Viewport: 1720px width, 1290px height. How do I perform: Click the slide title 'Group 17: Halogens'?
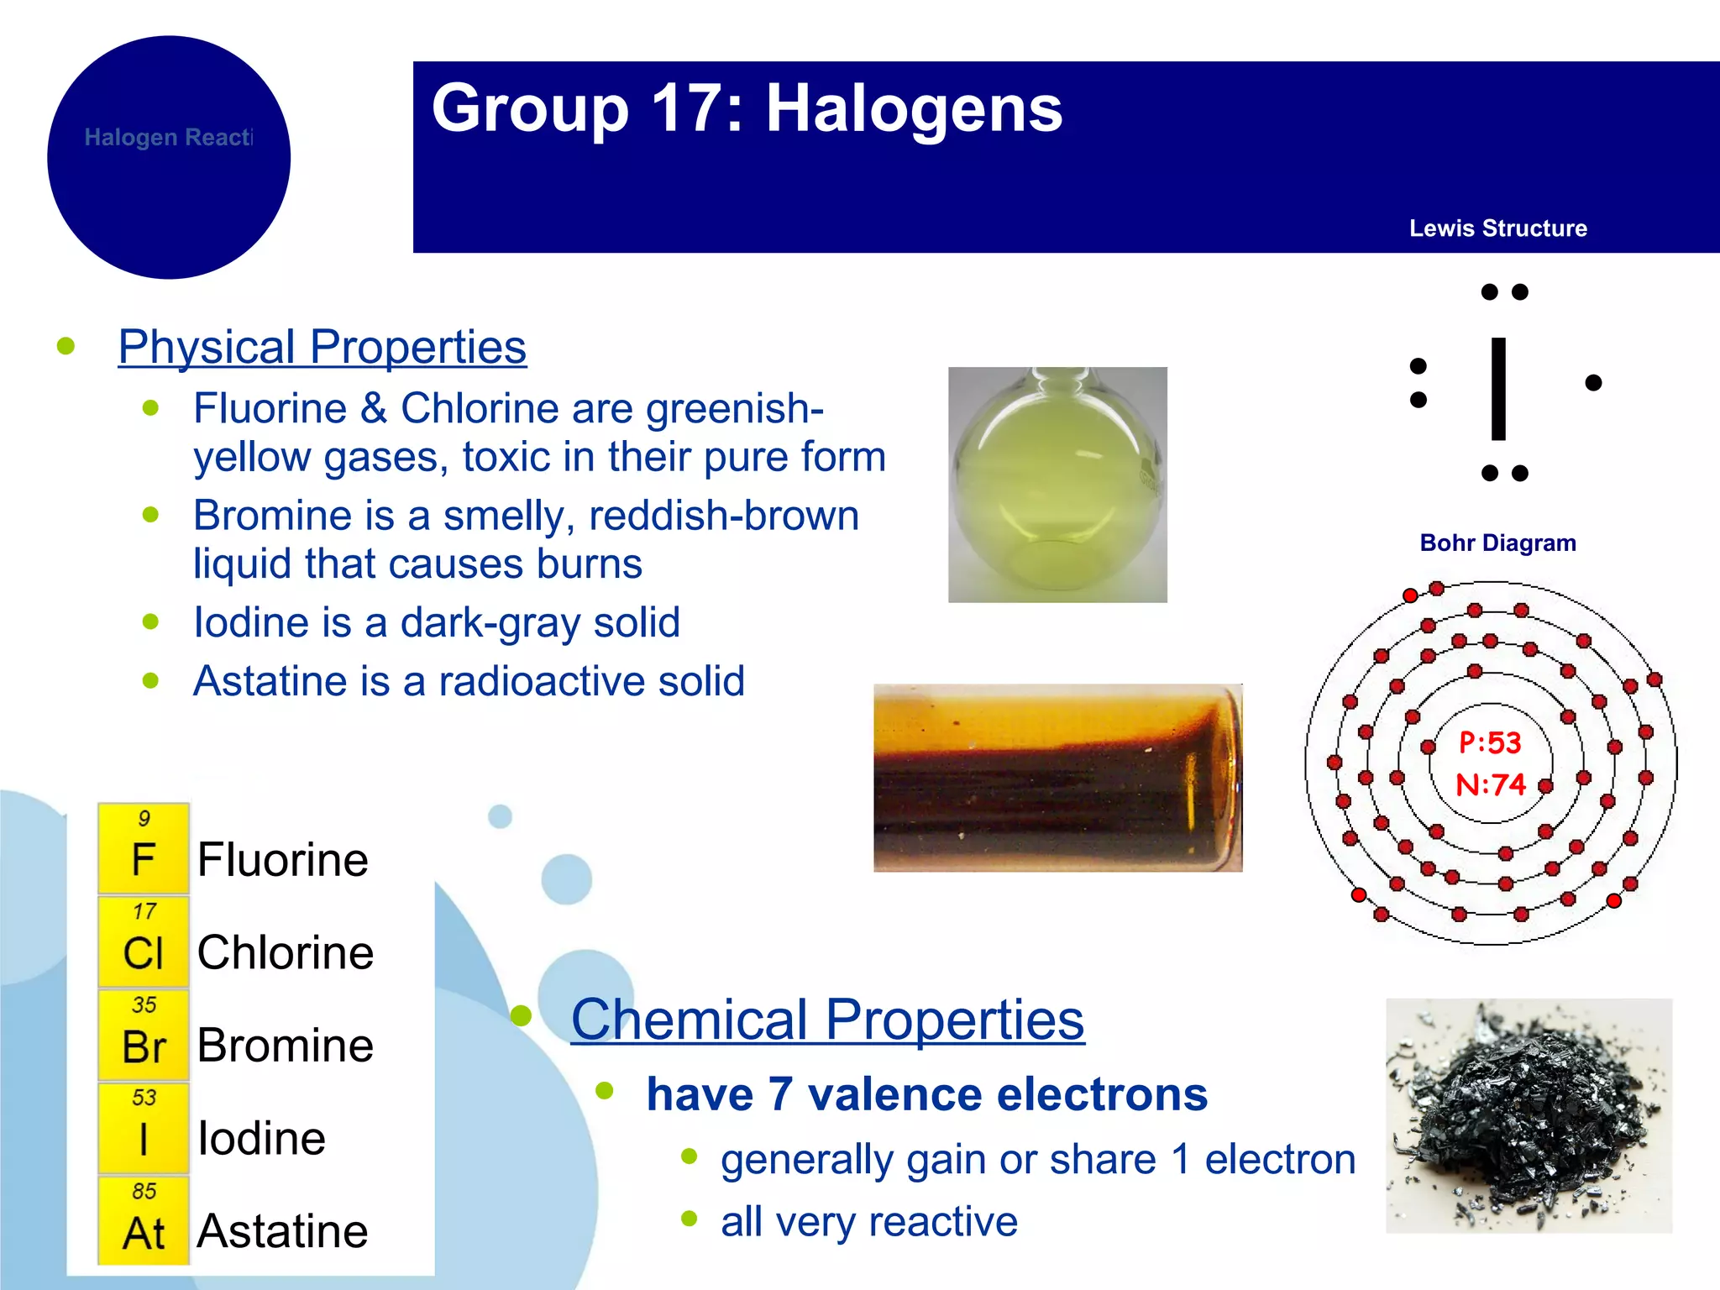click(x=747, y=109)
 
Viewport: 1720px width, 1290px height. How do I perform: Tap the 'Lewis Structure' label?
click(x=1497, y=228)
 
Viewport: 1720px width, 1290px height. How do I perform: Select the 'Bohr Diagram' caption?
click(x=1497, y=543)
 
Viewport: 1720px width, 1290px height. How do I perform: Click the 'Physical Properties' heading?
click(x=322, y=347)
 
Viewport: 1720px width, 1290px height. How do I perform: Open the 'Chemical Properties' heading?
click(x=827, y=1020)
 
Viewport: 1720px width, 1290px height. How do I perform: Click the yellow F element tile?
click(x=144, y=849)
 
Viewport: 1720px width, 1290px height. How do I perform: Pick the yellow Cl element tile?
click(x=144, y=942)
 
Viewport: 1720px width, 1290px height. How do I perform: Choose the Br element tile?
click(x=144, y=1036)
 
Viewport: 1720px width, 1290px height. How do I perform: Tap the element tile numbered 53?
click(x=144, y=1129)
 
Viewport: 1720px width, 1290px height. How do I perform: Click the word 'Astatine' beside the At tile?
click(x=283, y=1231)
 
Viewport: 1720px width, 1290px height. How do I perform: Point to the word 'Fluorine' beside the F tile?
click(x=283, y=860)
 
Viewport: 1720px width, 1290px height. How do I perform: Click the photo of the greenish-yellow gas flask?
click(x=1057, y=485)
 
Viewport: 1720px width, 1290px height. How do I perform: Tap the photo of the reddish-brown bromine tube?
click(x=1057, y=778)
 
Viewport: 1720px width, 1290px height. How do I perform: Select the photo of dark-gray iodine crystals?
click(x=1529, y=1115)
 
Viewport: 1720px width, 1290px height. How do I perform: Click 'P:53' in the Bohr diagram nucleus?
click(x=1490, y=742)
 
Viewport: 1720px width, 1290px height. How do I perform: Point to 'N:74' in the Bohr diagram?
click(x=1490, y=785)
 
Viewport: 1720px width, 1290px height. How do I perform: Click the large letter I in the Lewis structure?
click(x=1498, y=388)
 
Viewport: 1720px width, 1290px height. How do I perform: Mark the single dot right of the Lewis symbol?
click(x=1593, y=383)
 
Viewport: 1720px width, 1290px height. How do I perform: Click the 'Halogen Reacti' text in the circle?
click(x=168, y=138)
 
